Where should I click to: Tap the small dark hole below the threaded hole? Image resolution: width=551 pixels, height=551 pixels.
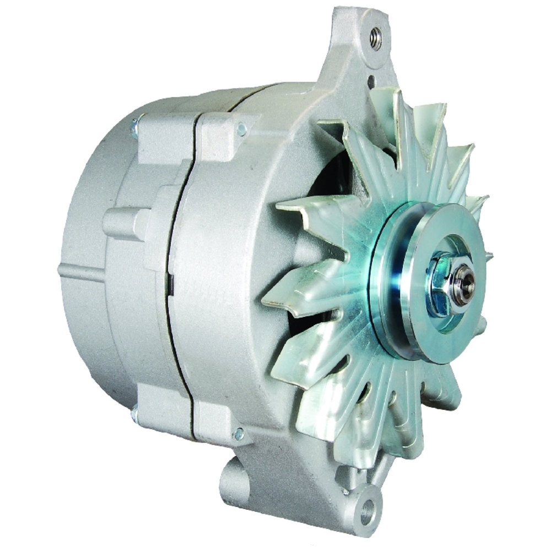point(371,81)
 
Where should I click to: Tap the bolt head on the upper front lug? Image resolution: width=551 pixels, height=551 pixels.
point(241,130)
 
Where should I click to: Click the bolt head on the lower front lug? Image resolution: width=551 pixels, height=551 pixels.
point(239,434)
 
